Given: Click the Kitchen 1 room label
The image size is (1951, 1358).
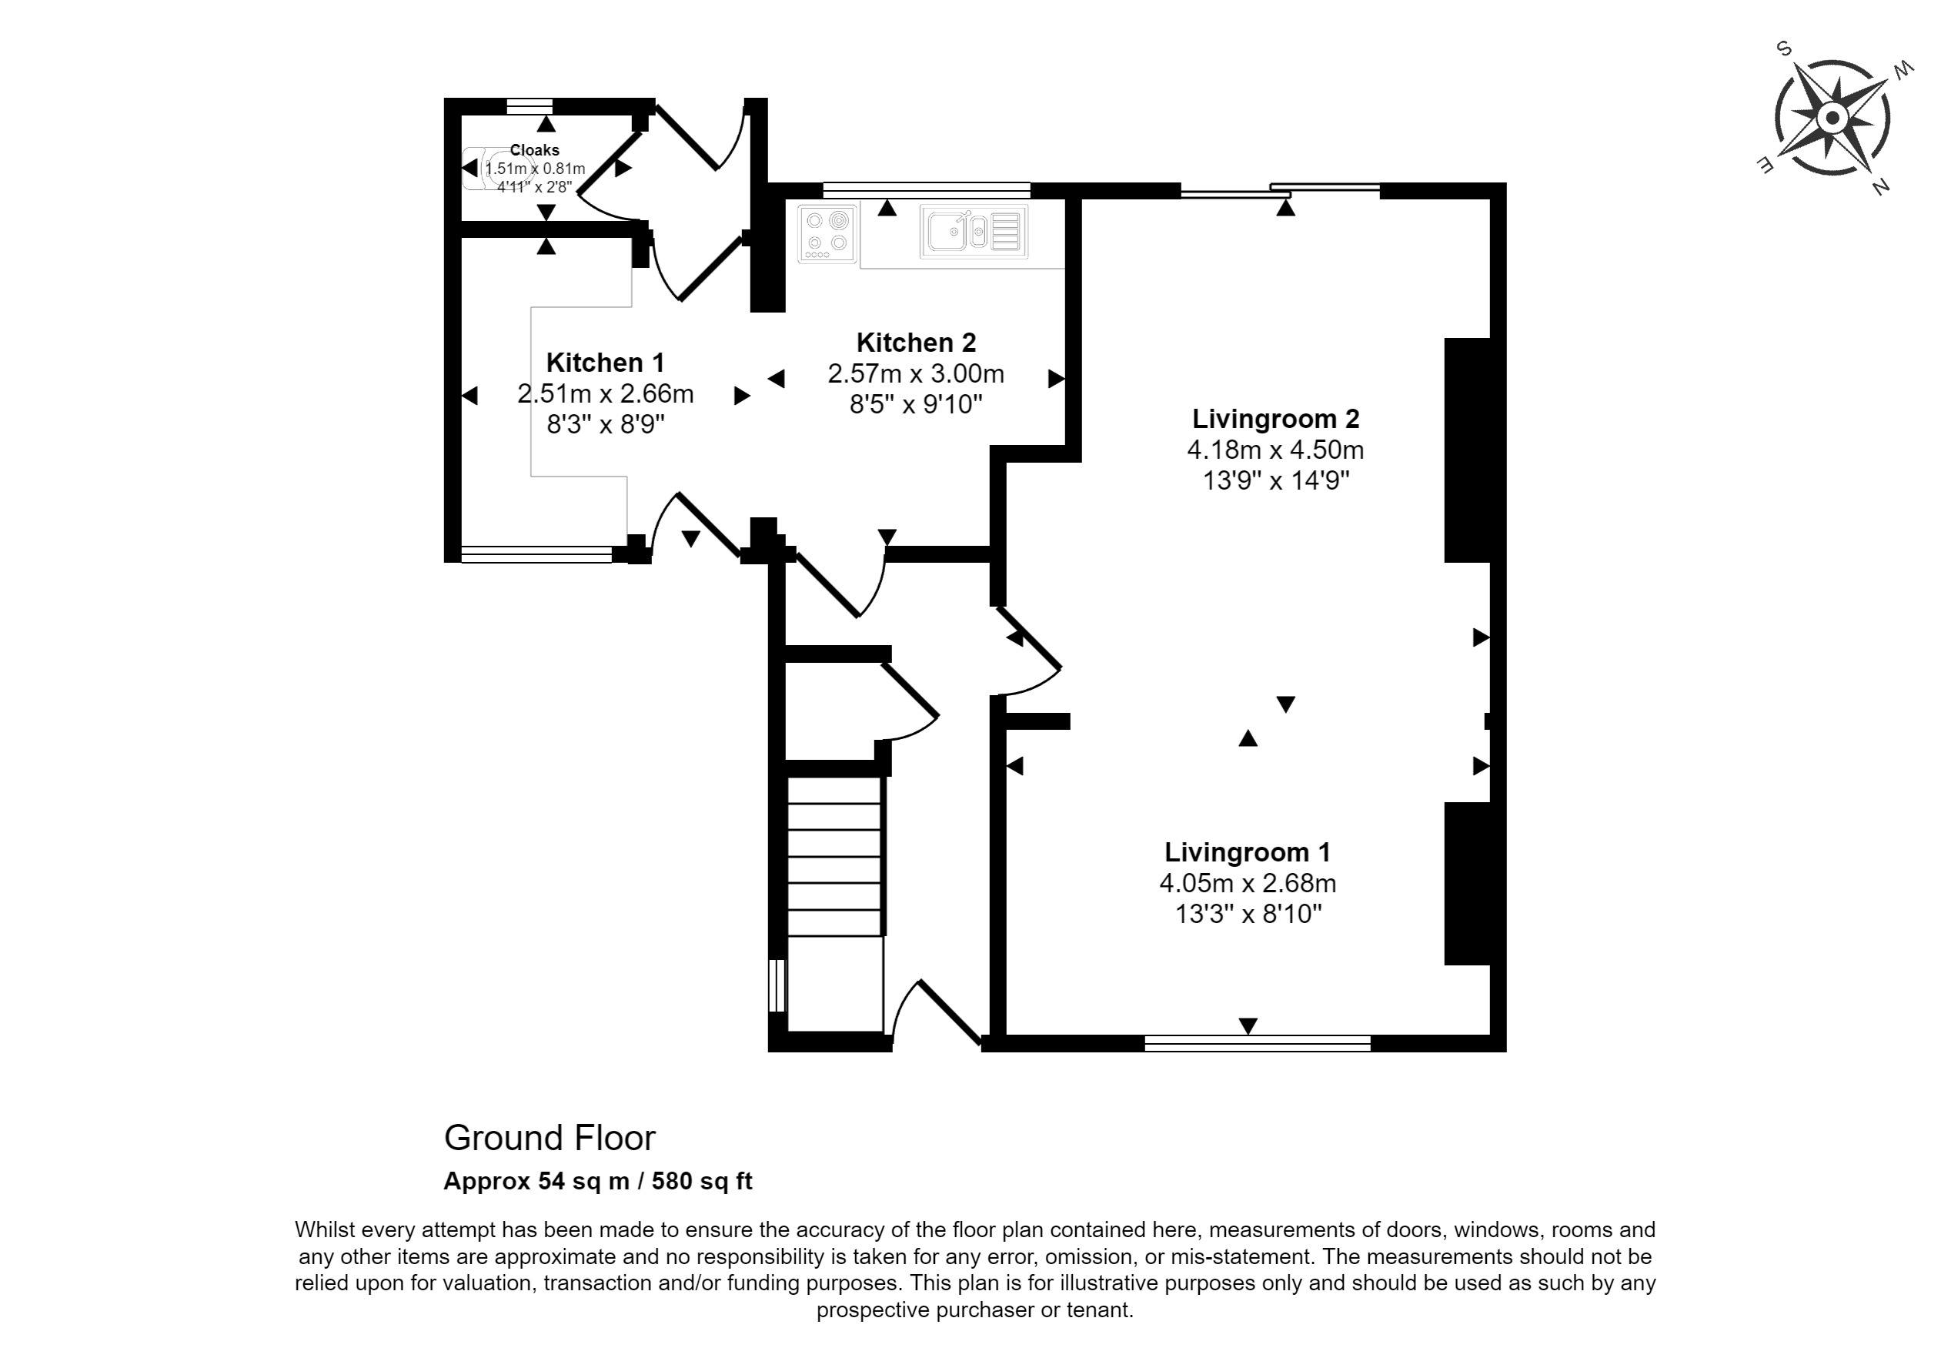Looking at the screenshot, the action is pos(605,363).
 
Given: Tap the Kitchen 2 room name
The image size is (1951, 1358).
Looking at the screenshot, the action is pos(916,343).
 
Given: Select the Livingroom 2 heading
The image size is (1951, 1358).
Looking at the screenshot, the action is pos(1275,419).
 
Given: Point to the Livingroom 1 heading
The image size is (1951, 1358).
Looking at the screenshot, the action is pos(1248,852).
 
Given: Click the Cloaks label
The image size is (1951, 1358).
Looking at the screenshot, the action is pos(534,150).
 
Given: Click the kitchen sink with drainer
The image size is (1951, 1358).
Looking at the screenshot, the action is pos(974,231).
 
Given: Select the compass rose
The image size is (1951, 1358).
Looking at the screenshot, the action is pos(1832,117).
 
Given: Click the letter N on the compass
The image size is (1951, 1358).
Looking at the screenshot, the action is pos(1879,188).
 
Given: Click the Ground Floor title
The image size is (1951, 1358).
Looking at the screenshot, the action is pos(550,1138).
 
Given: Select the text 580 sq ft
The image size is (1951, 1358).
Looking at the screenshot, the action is pos(702,1181).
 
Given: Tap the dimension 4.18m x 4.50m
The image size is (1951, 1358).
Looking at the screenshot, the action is pos(1275,450).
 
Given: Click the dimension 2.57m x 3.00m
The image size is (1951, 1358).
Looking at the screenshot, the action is pos(916,373).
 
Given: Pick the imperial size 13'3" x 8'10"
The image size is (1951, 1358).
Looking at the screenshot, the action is pos(1248,914).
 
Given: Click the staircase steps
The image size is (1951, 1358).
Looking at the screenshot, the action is pos(835,857).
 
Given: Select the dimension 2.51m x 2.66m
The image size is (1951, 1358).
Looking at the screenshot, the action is pos(605,393).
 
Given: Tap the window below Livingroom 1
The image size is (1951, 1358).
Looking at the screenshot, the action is pos(1258,1042).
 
